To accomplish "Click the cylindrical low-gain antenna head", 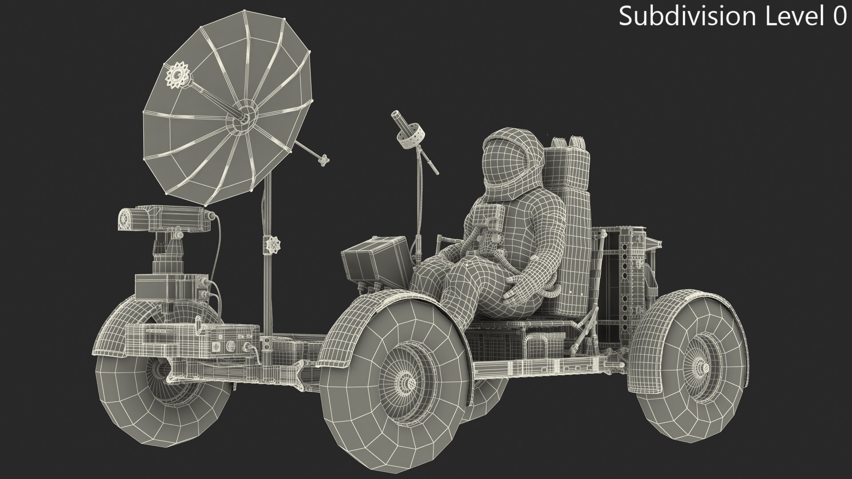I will click(x=408, y=133).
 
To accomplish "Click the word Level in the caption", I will click(x=792, y=16).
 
